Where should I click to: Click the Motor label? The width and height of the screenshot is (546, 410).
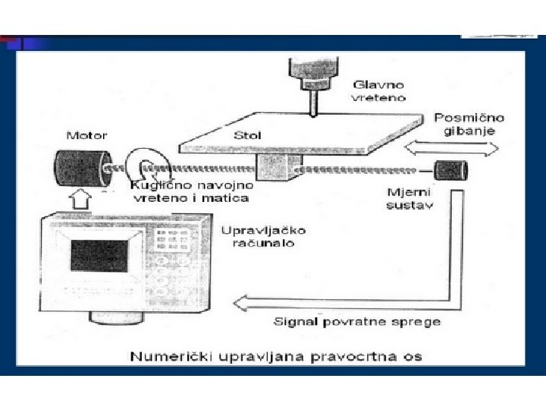(x=87, y=136)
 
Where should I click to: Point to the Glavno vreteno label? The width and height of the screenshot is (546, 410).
(x=378, y=90)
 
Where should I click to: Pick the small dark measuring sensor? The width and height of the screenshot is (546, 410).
(x=450, y=169)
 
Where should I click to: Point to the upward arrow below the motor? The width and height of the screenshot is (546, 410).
(x=80, y=202)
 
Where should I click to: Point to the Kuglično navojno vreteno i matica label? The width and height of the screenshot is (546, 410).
(x=190, y=191)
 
